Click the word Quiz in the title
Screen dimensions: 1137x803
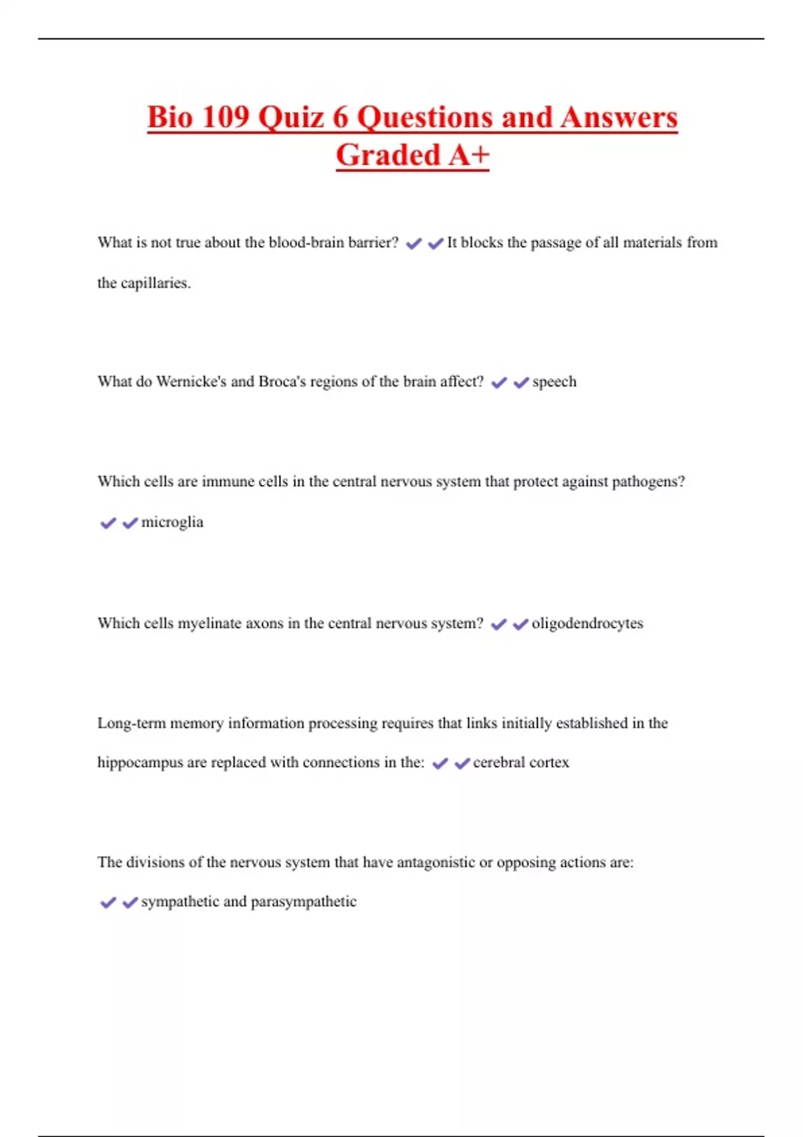click(x=292, y=118)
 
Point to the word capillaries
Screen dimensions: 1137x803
click(x=155, y=283)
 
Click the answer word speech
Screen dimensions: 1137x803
click(x=554, y=382)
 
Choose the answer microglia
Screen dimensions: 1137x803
click(x=172, y=522)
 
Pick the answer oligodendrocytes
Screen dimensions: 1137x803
click(x=587, y=623)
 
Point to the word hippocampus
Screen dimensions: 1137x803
click(x=140, y=762)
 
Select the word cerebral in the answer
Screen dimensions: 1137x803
click(x=499, y=762)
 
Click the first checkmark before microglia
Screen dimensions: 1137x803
click(x=108, y=523)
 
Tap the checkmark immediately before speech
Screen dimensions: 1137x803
click(x=521, y=383)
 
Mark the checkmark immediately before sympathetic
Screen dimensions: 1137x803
click(x=130, y=903)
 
